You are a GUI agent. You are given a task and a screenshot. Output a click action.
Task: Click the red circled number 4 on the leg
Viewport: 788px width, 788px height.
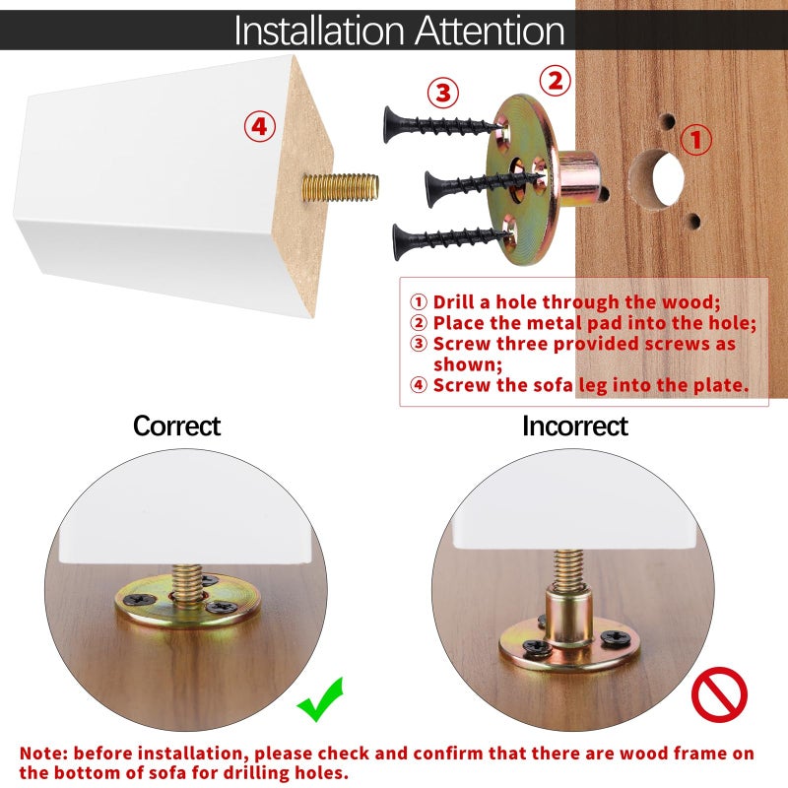pos(260,126)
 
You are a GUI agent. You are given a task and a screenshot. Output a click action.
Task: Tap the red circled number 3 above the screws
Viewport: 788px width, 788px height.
pos(443,93)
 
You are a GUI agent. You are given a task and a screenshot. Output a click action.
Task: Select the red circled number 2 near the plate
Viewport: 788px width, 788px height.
pos(556,81)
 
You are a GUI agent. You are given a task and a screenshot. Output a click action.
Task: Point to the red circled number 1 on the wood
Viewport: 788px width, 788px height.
pos(696,139)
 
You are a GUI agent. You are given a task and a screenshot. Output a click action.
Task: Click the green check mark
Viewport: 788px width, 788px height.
pos(321,698)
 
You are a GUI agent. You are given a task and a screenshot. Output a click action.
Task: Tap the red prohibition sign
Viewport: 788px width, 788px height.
pos(719,694)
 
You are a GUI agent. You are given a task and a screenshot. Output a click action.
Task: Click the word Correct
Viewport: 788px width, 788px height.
pos(176,427)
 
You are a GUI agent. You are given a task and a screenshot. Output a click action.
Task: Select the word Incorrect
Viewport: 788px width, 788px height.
pos(575,427)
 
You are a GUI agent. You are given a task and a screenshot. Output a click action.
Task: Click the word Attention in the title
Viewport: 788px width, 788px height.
pos(490,31)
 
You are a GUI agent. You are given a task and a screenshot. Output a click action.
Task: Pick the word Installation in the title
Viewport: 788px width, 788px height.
pos(319,31)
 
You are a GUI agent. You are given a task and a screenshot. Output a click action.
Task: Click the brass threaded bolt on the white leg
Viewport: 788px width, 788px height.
pos(340,187)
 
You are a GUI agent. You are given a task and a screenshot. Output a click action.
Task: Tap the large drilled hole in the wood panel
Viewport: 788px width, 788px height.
pos(657,179)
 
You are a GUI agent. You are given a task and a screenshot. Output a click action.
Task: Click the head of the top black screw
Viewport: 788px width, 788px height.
pos(390,125)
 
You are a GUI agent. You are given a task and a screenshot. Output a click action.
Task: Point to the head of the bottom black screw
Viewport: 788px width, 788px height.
pos(400,242)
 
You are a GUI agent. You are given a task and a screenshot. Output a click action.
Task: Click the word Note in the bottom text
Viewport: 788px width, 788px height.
pos(42,754)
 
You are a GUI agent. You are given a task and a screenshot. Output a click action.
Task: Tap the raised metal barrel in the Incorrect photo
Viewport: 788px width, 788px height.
pos(569,619)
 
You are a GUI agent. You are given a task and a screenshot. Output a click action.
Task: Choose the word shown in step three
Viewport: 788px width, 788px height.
pos(467,364)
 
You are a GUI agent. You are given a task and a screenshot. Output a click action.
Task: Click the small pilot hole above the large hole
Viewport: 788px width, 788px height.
pos(667,121)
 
